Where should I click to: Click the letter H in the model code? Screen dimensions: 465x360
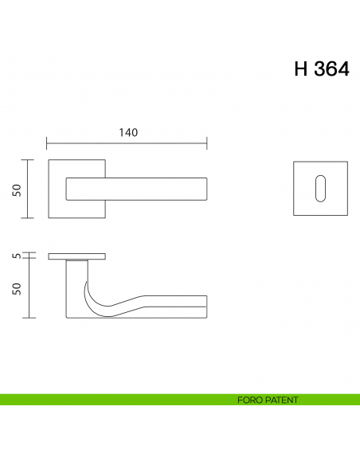pos(302,69)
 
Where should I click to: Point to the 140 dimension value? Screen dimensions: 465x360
pos(127,132)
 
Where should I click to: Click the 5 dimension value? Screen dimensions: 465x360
pos(16,256)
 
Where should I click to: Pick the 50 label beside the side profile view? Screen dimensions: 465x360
pos(16,287)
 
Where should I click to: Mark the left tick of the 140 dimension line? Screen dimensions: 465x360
pos(47,143)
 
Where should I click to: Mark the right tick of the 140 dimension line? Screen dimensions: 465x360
pos(207,143)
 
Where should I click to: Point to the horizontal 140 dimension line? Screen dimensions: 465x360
pos(127,144)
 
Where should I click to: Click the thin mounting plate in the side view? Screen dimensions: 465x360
pos(77,256)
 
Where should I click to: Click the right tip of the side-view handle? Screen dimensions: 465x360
pos(205,306)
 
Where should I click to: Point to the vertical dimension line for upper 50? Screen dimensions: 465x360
pos(29,189)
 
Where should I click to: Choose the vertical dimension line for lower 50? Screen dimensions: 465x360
pos(29,287)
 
